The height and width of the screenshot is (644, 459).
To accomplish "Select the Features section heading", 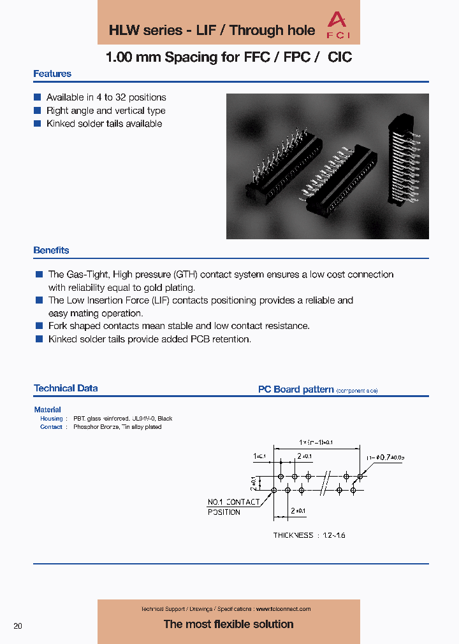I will pos(52,74).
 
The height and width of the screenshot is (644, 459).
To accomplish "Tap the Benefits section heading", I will pos(51,251).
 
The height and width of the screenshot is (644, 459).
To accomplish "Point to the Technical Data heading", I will pos(66,388).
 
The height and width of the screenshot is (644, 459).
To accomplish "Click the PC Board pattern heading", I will pos(296,389).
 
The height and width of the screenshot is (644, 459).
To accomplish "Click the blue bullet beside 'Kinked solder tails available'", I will pos(37,124).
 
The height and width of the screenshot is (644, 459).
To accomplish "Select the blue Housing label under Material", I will pos(52,419).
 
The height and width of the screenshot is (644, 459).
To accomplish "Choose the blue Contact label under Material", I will pos(51,427).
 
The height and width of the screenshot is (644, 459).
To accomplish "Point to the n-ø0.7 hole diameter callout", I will pos(385,457).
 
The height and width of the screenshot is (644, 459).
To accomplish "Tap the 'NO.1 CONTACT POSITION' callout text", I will pos(233,507).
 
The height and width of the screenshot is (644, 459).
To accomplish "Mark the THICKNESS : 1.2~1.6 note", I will pos(309,535).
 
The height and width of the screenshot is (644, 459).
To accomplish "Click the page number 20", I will pos(18,626).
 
